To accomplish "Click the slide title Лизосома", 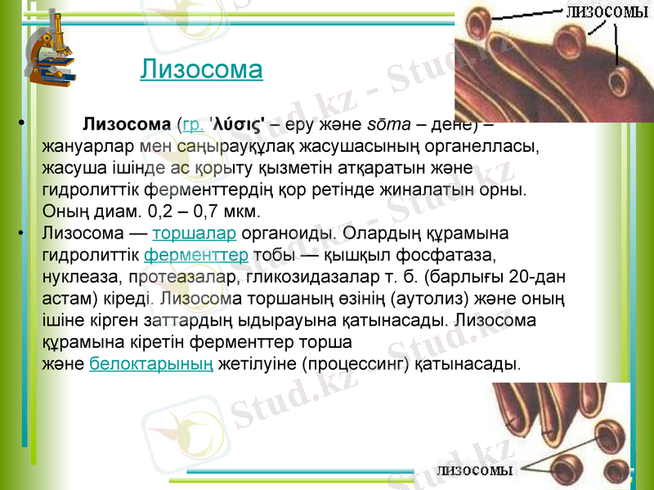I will pos(201,69).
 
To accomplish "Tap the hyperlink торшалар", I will pos(195,233).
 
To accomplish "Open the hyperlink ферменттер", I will pos(196,254).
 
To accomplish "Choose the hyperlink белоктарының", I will pos(151,362).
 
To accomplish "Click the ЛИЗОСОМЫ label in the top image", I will pos(602,12).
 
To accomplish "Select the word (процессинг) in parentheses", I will pos(356,362).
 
